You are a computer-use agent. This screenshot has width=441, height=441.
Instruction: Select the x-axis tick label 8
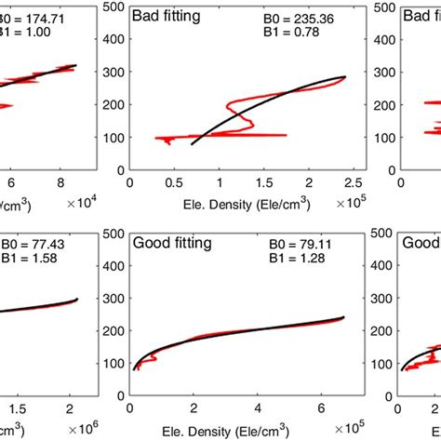click(61, 183)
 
